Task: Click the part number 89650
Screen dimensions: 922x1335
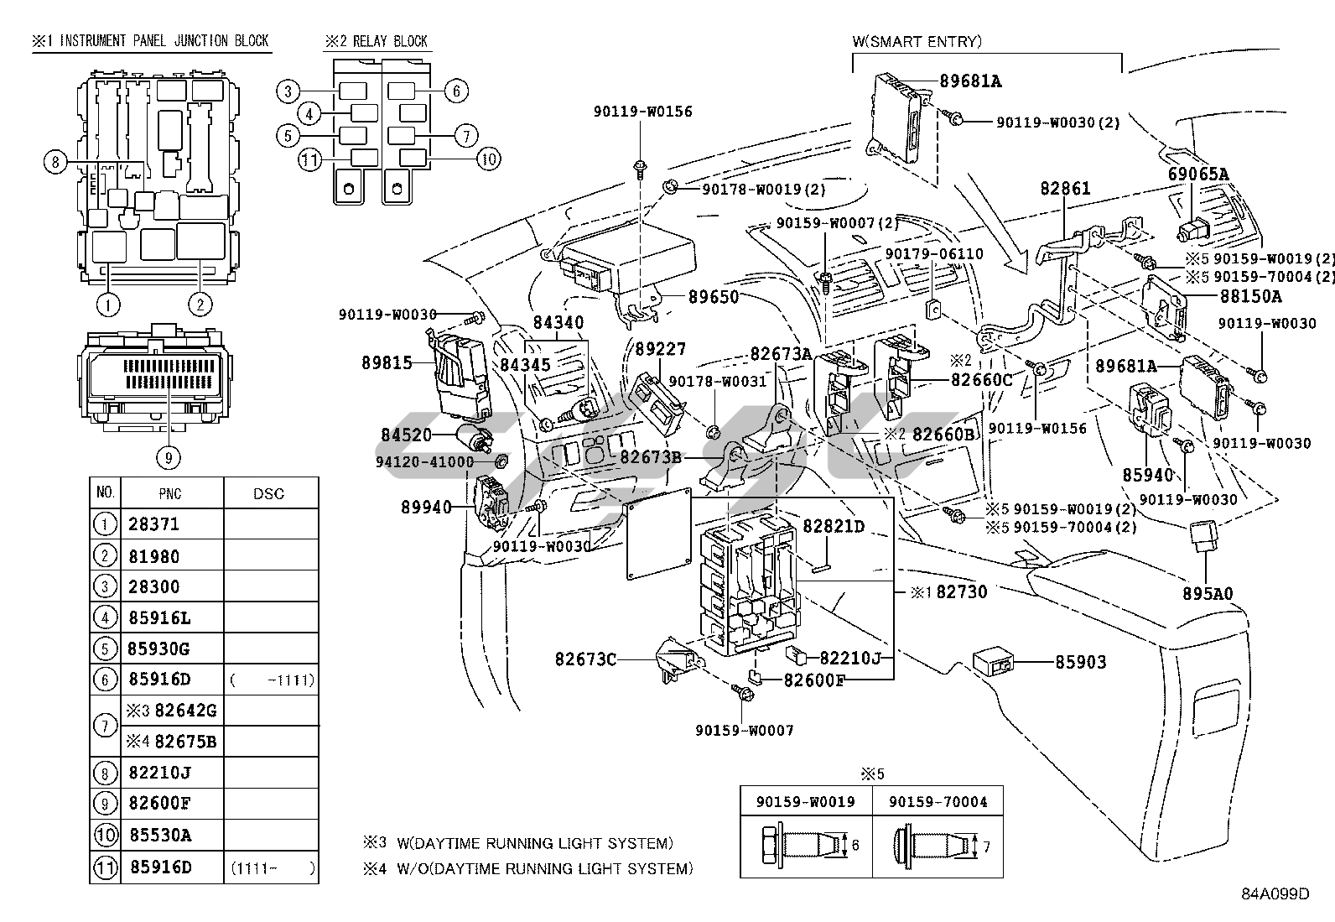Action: point(714,297)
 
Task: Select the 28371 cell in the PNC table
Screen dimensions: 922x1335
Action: point(153,524)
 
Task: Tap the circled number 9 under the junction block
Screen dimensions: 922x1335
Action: point(169,457)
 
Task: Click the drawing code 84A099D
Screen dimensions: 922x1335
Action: point(1275,893)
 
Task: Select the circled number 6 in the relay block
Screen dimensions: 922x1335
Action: point(455,91)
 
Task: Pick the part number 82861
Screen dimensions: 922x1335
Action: point(1065,189)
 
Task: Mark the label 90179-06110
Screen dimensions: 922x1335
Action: point(934,253)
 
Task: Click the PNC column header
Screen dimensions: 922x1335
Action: point(169,493)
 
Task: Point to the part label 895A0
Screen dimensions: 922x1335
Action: point(1208,594)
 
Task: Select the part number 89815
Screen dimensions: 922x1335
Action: point(387,362)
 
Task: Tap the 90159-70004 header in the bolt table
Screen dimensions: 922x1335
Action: point(937,801)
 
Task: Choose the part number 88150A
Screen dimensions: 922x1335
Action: point(1250,296)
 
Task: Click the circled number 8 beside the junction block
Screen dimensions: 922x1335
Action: point(55,162)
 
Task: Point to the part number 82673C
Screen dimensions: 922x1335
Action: point(584,659)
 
